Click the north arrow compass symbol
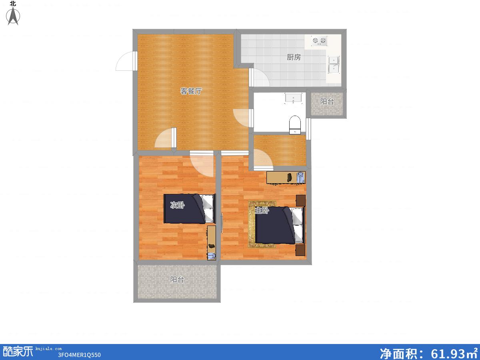coord(13,15)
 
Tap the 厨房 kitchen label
coord(294,57)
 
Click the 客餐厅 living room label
coord(191,91)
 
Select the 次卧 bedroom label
coord(177,205)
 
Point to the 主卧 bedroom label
coord(262,210)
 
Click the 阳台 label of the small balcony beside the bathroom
coord(327,102)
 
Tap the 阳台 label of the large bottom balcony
coord(177,280)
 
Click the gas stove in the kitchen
coord(319,41)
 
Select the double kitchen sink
coord(334,65)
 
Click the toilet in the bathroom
coord(295,125)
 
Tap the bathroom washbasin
coord(293,98)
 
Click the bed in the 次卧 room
coord(190,209)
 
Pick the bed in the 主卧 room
coord(280,225)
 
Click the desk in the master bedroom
coord(286,178)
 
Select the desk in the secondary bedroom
coord(212,243)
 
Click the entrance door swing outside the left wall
coord(125,61)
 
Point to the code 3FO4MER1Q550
coord(79,355)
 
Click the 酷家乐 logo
coord(18,352)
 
